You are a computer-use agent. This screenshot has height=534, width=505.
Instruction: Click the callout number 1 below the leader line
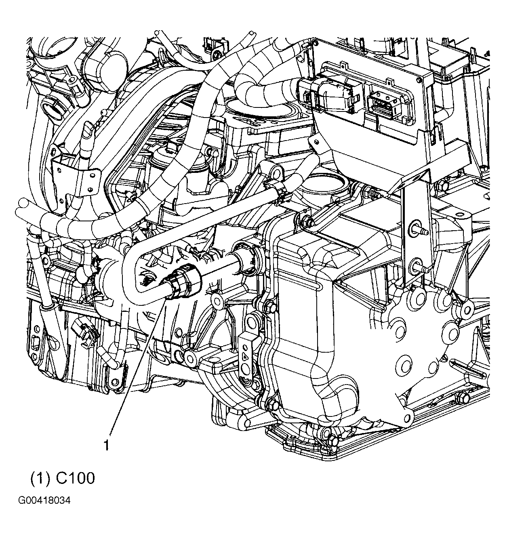(x=106, y=446)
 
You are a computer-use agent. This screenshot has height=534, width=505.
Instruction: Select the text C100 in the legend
(x=76, y=478)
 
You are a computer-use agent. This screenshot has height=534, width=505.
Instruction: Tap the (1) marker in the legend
(x=40, y=478)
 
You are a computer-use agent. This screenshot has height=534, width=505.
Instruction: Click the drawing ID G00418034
(x=44, y=501)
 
